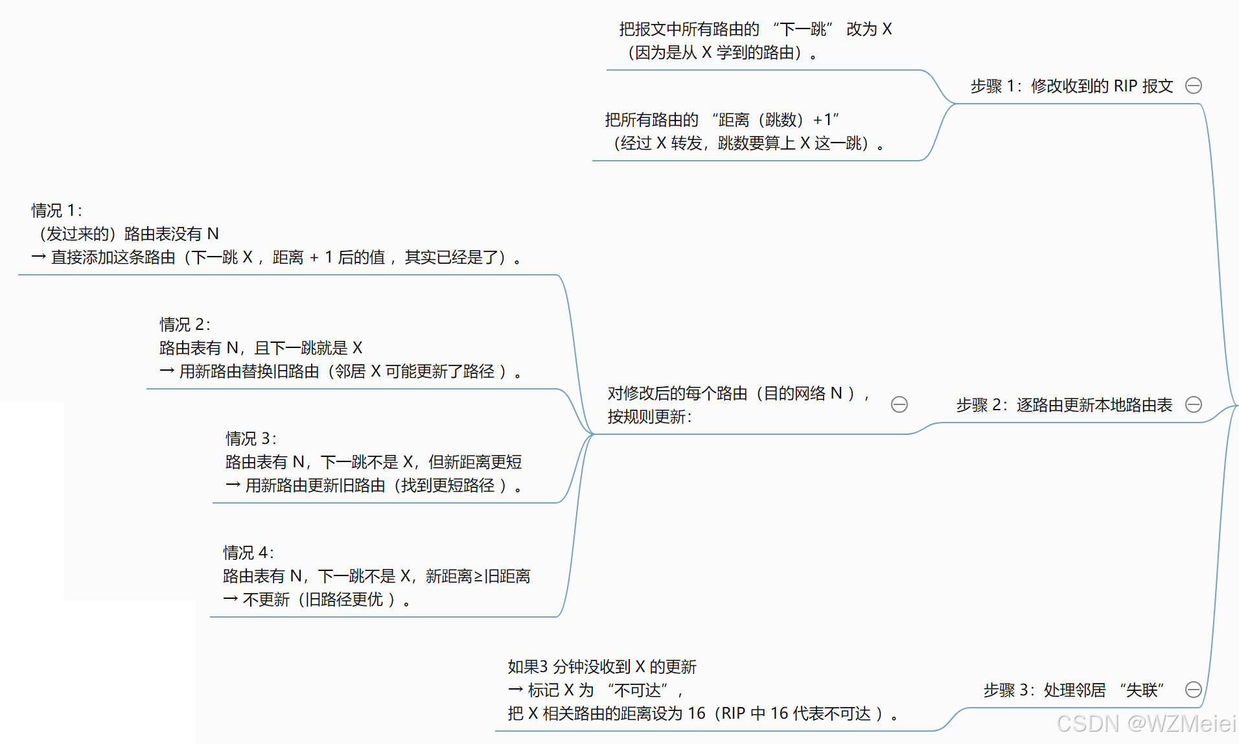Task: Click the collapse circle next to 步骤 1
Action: point(1193,86)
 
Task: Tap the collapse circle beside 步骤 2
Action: point(1193,404)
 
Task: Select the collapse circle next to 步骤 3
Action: point(1193,690)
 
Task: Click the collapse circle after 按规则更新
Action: point(899,404)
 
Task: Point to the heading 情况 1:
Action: point(57,211)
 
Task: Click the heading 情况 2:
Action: point(185,325)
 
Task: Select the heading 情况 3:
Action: point(251,439)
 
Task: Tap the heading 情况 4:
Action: point(249,553)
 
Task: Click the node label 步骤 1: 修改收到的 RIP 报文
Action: point(1071,86)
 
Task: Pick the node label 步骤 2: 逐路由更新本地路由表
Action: point(1064,405)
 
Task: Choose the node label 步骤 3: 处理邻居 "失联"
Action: point(1074,690)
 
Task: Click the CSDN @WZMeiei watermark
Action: point(1146,723)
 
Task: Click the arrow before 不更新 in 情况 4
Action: point(231,599)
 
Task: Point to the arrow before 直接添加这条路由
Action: point(39,257)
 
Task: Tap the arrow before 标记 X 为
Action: point(516,690)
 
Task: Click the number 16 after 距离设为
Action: point(696,714)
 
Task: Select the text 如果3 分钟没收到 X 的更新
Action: point(602,667)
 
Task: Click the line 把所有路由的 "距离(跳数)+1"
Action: point(722,120)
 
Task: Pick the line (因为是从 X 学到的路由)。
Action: point(722,52)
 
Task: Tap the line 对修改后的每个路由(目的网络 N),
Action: point(738,393)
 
